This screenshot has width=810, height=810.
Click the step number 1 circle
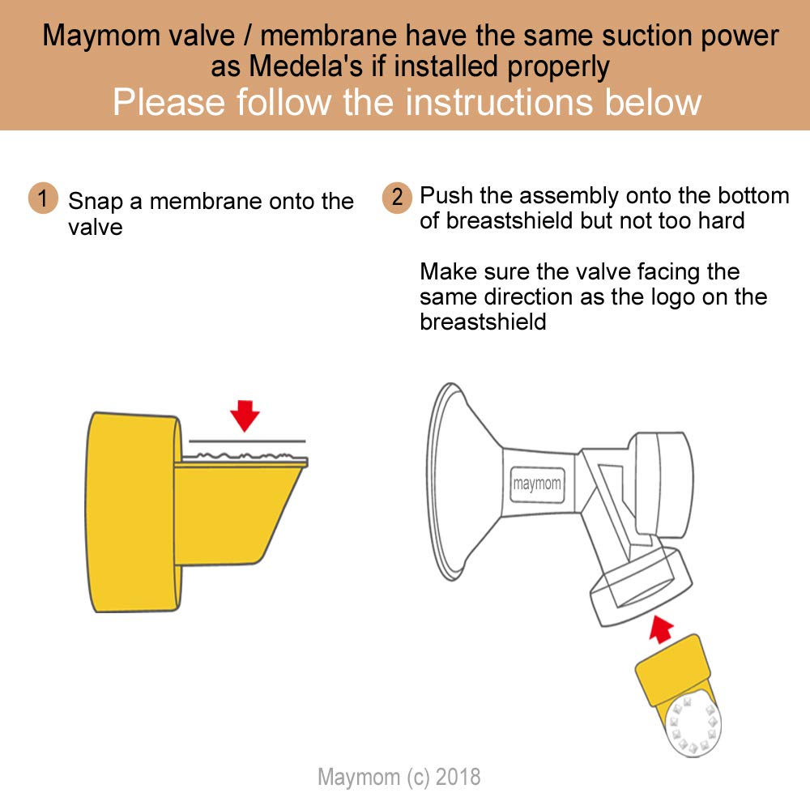[x=43, y=198]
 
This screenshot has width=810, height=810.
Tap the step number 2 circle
[x=397, y=198]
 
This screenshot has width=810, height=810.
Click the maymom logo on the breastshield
[x=537, y=484]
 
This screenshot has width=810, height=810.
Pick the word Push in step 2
[x=447, y=196]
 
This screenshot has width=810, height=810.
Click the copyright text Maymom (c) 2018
[x=399, y=777]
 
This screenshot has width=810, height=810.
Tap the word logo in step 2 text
[x=675, y=296]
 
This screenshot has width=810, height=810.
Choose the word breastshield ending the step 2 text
[x=483, y=322]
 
